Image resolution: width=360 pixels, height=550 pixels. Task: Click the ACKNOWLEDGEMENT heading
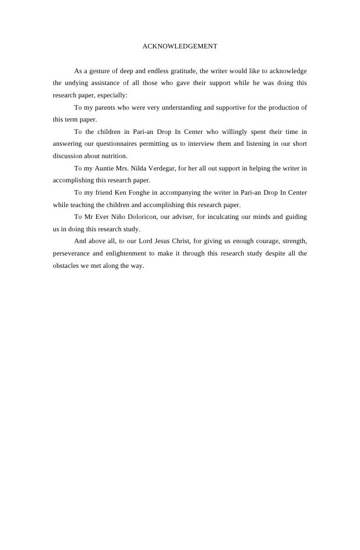pos(180,46)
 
